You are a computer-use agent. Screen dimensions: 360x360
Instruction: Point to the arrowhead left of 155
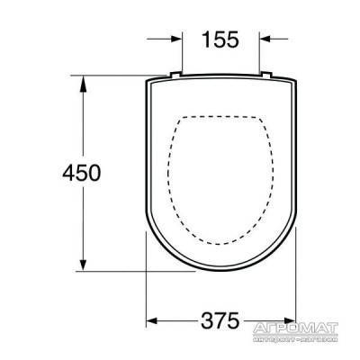coord(177,39)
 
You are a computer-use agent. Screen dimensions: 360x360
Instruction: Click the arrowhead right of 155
coord(264,39)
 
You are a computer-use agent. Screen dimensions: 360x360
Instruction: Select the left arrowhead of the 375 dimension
coord(151,320)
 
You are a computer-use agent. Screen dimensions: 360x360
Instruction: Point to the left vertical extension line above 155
coord(183,49)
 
